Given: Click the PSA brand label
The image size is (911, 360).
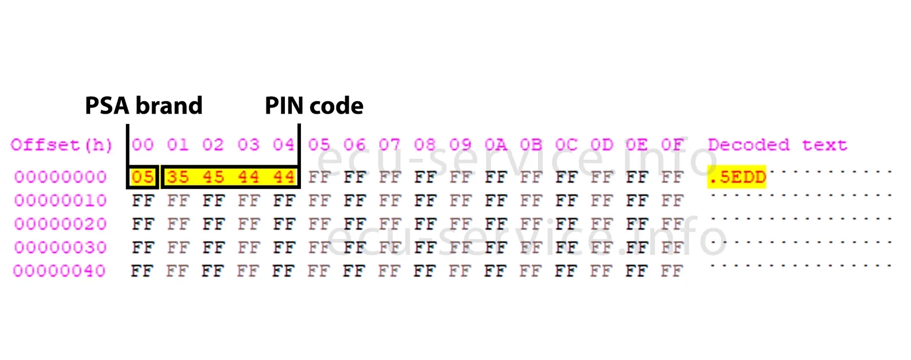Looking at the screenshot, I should (x=144, y=106).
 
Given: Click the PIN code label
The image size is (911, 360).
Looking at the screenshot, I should (x=314, y=106).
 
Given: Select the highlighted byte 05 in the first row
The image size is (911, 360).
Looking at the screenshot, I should (x=142, y=177).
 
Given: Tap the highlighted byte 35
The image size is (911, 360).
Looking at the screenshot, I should (x=177, y=177).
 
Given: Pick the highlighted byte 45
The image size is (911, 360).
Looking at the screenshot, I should (x=213, y=177).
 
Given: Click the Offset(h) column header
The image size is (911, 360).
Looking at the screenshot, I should (x=61, y=145).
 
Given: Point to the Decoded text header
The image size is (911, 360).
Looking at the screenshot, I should (x=777, y=145).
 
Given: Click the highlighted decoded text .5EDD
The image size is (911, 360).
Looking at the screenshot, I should (x=737, y=177).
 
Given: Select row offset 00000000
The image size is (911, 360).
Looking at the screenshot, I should (x=60, y=177).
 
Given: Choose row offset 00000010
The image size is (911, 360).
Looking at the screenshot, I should (x=60, y=200).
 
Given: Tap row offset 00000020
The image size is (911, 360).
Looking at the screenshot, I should (x=60, y=224).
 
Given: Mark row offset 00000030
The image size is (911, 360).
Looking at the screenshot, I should (x=60, y=247).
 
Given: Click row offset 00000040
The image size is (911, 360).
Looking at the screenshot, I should (x=60, y=271).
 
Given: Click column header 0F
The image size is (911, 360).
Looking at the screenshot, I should (x=672, y=145).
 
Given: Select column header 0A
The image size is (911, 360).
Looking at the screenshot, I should (x=496, y=145).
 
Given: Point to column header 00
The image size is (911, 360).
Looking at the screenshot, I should (x=142, y=145).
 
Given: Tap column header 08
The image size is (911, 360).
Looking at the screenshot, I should (x=425, y=145).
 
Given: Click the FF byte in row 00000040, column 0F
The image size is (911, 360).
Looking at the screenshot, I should (x=671, y=271).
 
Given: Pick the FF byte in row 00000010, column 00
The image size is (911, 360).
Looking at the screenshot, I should (x=142, y=200).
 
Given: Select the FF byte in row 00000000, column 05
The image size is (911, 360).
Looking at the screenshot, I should (x=319, y=177).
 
